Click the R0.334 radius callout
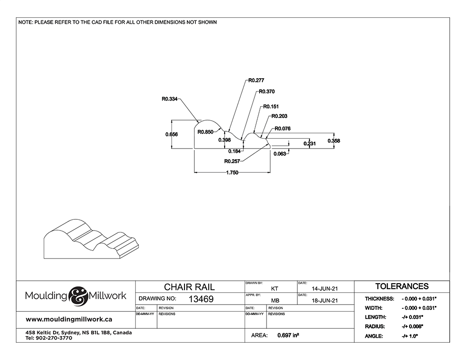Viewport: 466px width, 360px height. click(170, 99)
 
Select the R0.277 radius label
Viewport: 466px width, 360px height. click(256, 80)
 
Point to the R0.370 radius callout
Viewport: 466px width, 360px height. click(267, 91)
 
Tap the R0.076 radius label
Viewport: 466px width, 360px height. click(283, 129)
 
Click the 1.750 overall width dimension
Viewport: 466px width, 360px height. click(232, 173)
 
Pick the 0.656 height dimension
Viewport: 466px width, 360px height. click(171, 134)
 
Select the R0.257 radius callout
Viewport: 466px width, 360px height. click(232, 161)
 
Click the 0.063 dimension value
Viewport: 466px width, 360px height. click(280, 154)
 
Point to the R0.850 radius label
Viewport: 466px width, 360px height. click(206, 132)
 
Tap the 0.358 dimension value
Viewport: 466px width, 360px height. click(334, 141)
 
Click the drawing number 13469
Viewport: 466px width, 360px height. click(201, 299)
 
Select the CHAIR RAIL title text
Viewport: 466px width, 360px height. click(189, 287)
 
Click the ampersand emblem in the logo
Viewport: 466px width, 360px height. click(78, 296)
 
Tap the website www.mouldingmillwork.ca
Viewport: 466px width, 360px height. click(69, 319)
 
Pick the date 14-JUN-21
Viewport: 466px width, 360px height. click(324, 288)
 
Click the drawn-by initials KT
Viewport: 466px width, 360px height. click(274, 288)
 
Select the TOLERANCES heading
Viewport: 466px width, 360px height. click(402, 286)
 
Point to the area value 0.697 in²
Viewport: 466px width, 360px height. click(288, 335)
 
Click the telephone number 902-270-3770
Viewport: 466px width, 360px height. click(54, 338)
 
